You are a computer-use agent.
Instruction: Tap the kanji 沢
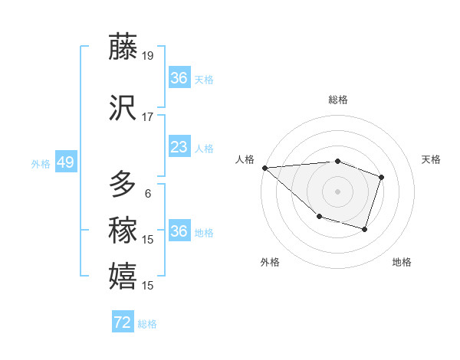pos(123,108)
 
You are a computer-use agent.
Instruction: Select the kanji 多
pos(123,185)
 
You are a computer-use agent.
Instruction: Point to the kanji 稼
pos(123,230)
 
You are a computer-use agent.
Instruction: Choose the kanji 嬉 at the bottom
pos(123,277)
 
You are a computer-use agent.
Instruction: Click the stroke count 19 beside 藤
pos(148,55)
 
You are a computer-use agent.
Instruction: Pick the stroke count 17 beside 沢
pos(148,117)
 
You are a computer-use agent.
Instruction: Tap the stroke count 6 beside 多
pos(148,194)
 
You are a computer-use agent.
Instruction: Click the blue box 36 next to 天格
pos(179,78)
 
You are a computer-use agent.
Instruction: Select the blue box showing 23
pos(179,147)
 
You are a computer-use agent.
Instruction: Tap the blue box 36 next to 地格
pos(179,231)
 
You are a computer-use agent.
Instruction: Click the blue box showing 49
pos(65,162)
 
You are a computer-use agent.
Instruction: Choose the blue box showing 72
pos(123,322)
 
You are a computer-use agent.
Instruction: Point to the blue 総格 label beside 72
pos(147,323)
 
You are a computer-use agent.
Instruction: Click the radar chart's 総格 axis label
pos(337,100)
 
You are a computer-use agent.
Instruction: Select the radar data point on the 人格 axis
pos(264,167)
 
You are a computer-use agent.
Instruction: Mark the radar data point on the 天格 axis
pos(381,177)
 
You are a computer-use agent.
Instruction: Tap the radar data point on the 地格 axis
pos(365,229)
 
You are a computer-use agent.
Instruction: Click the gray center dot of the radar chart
pos(337,191)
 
